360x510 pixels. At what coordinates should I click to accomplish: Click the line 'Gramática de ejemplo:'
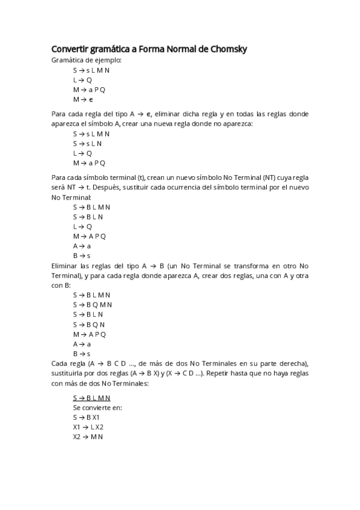click(x=87, y=60)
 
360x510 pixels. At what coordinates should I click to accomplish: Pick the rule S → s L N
click(x=88, y=143)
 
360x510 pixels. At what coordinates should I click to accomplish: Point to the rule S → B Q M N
click(x=93, y=304)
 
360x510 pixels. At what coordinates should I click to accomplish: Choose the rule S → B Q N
click(x=89, y=324)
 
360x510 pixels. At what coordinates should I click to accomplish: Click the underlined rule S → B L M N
click(x=91, y=398)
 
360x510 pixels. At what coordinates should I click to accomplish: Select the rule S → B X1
click(x=87, y=417)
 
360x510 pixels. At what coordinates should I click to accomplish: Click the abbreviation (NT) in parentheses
click(x=251, y=177)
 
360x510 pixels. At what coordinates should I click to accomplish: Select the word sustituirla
click(x=69, y=373)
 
